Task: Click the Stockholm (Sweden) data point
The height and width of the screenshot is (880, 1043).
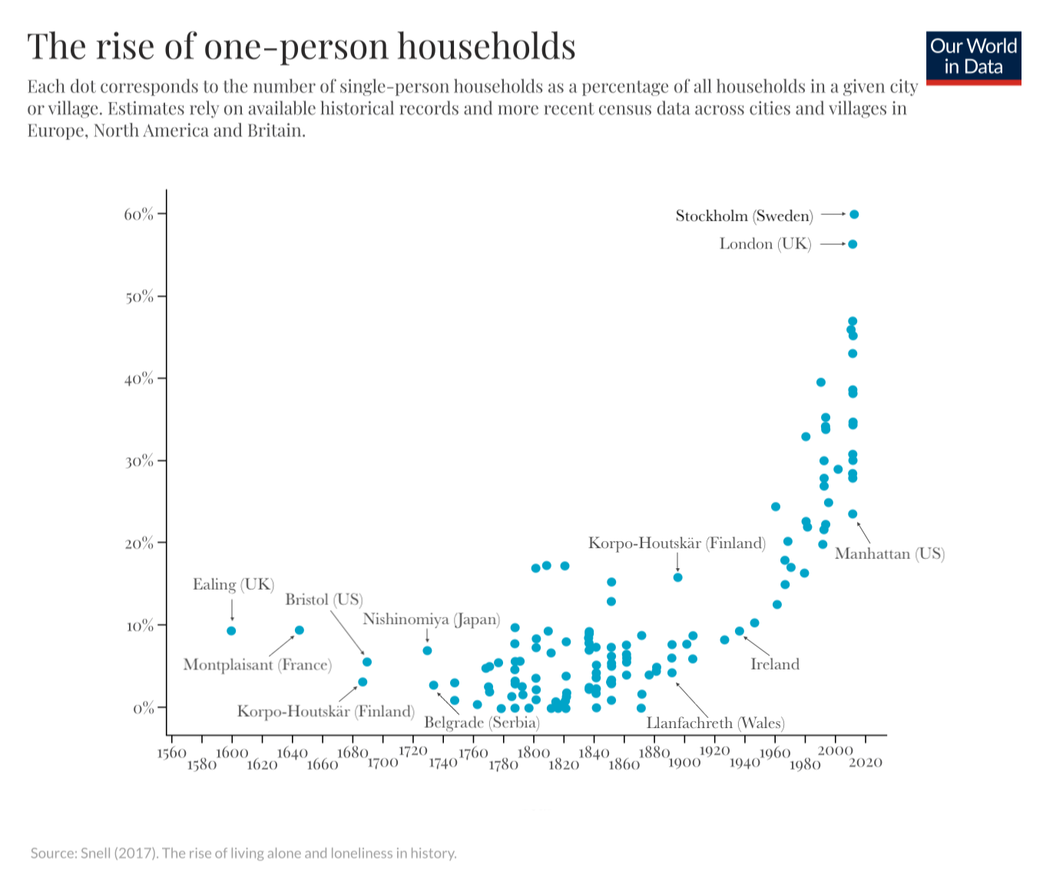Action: click(854, 215)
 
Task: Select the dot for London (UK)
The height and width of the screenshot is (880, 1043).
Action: click(853, 244)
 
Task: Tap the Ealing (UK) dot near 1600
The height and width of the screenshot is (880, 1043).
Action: click(231, 631)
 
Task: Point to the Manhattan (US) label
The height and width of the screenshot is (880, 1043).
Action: click(889, 554)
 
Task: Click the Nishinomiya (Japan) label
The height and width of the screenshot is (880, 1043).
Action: click(431, 619)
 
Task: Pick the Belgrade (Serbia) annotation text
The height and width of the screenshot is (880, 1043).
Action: click(482, 723)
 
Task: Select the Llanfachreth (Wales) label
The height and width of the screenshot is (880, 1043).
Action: click(715, 723)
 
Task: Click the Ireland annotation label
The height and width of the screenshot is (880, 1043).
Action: click(774, 664)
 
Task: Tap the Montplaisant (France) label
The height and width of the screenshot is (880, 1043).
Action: click(257, 665)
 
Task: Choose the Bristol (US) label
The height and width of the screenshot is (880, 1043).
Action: click(323, 599)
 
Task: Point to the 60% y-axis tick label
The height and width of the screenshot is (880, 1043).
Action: click(138, 214)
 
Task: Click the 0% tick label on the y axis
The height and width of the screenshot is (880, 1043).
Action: click(143, 708)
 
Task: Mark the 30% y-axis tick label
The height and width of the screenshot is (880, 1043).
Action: click(139, 461)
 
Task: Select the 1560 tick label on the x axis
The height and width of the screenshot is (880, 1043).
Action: click(171, 753)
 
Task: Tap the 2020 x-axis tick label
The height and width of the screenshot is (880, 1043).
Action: click(866, 763)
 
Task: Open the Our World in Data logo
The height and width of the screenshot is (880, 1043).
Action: click(973, 58)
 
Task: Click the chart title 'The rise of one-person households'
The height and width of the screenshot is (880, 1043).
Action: click(301, 46)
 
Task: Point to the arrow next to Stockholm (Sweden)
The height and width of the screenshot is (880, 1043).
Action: click(833, 215)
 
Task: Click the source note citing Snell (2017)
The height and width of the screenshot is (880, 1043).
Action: click(243, 853)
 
